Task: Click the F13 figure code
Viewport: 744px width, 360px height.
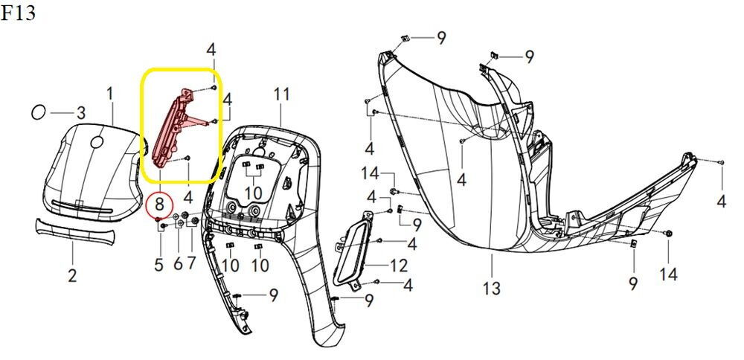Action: pos(18,13)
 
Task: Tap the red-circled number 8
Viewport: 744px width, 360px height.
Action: pos(159,205)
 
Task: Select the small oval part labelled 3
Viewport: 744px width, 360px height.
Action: pos(38,113)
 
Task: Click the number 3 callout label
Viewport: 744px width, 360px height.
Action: pos(81,113)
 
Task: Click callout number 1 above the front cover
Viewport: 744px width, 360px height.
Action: pos(110,94)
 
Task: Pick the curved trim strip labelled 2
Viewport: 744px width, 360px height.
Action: pos(75,231)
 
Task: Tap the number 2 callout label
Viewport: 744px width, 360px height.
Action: pos(72,274)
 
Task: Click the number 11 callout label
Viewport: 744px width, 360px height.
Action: pos(281,94)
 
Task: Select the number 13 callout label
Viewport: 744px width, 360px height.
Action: pos(492,288)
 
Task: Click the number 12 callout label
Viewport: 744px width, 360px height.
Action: pos(398,266)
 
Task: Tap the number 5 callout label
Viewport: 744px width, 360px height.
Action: pos(158,265)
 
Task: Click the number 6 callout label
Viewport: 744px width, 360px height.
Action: pos(178,264)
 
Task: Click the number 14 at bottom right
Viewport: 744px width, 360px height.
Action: pos(668,274)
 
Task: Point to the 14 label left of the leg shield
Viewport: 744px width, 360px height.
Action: pos(371,173)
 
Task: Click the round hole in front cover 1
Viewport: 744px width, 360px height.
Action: pos(97,141)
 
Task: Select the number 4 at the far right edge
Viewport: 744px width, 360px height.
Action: pos(721,201)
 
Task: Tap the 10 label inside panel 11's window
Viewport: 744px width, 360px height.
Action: pos(254,193)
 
